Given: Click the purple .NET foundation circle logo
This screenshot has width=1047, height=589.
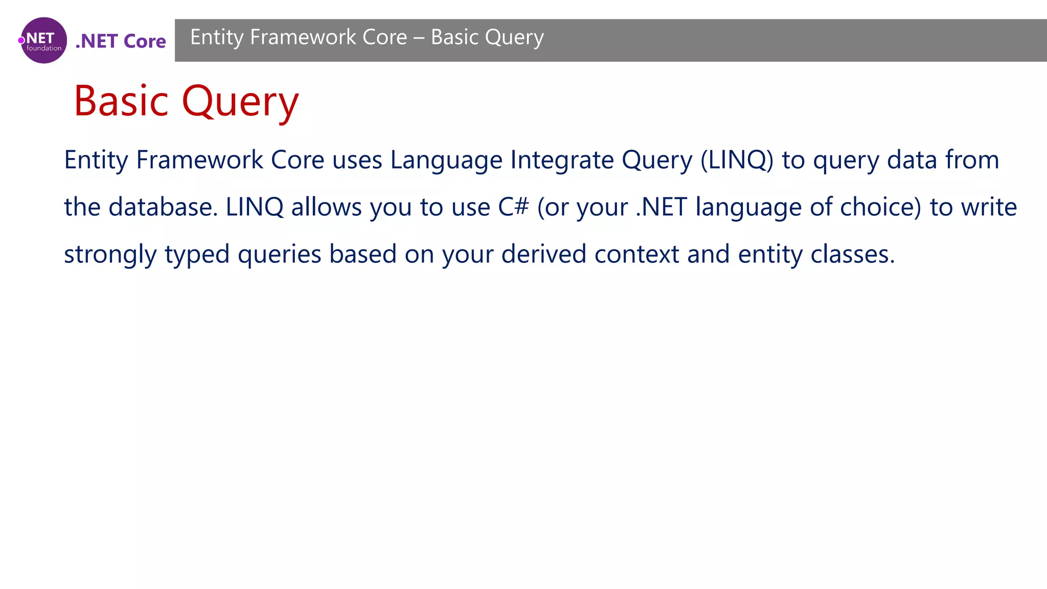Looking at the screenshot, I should [x=44, y=40].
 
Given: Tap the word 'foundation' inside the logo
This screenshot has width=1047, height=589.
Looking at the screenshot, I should [x=44, y=49].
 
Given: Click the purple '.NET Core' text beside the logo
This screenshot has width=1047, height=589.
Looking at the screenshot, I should [x=121, y=41].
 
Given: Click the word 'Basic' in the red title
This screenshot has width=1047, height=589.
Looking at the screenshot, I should [x=121, y=101].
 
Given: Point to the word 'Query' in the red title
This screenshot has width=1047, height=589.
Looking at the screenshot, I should [x=240, y=102].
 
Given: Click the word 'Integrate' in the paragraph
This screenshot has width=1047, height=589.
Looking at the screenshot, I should [x=562, y=160].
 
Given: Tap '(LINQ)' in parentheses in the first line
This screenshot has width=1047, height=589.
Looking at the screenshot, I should [x=737, y=160].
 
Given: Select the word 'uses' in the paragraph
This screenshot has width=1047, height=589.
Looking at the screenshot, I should [x=357, y=160].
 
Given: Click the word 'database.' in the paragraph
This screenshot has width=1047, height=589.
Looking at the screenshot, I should [x=163, y=207].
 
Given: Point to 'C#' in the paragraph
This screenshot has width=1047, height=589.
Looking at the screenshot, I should [x=513, y=207].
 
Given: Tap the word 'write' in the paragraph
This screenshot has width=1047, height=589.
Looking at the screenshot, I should [x=989, y=207].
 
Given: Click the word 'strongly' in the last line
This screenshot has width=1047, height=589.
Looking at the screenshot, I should [x=110, y=255].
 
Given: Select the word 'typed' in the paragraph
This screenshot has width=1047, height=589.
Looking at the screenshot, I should [x=197, y=255].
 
